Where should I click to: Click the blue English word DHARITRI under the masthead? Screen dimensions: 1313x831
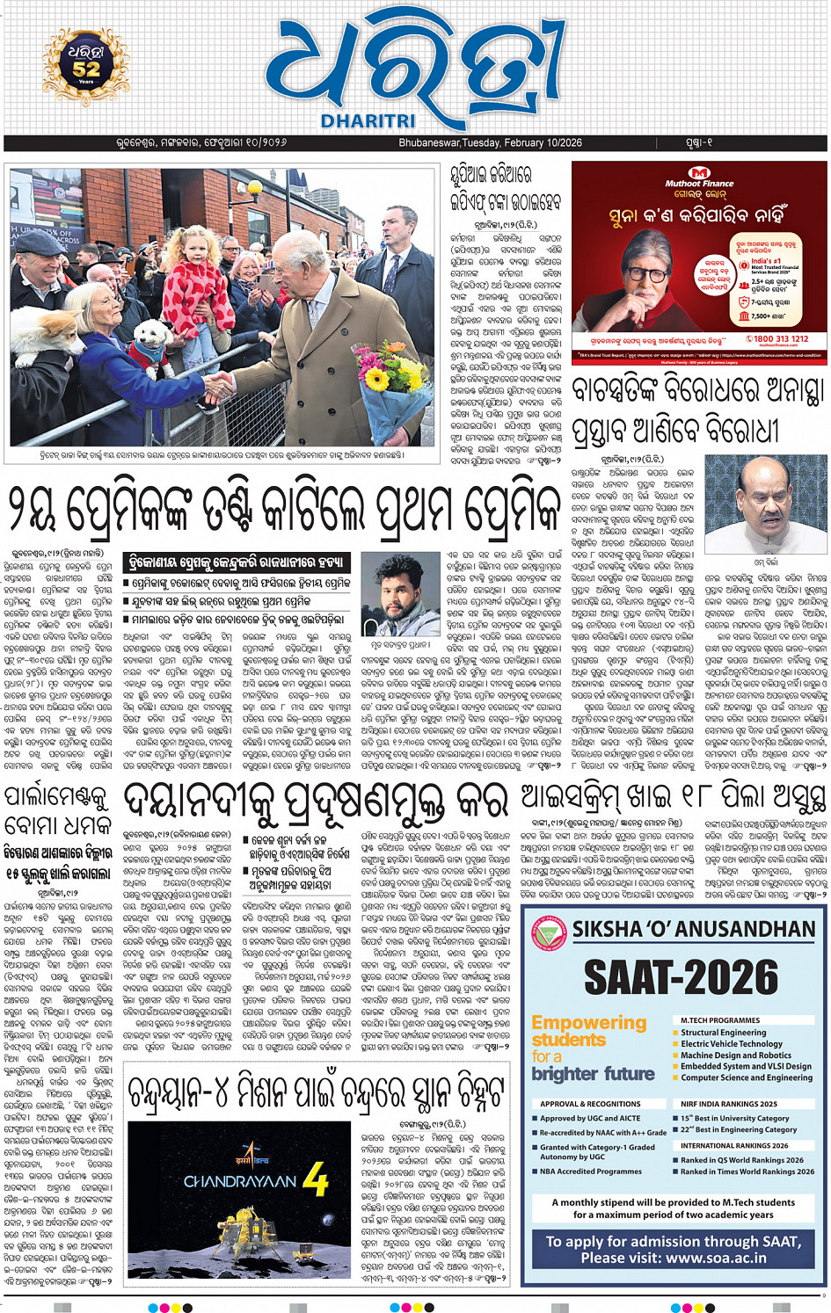(368, 121)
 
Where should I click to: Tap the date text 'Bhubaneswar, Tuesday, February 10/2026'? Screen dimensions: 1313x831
(490, 142)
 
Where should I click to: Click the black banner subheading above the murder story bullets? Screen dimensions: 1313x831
(237, 563)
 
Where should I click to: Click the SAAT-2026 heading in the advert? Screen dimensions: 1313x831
(682, 976)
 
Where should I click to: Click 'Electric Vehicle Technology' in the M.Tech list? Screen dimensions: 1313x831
(731, 1044)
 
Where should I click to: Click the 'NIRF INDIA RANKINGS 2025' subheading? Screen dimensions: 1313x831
(728, 1104)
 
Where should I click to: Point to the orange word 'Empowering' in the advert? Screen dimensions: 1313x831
(588, 1022)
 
